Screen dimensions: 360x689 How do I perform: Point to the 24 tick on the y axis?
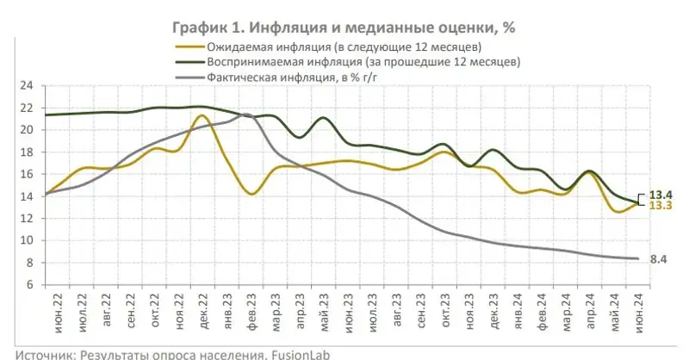(x=26, y=85)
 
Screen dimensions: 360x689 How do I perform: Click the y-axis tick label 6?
(x=28, y=285)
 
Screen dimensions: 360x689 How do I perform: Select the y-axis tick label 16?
(x=26, y=174)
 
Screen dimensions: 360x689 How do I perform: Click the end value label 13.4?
(x=660, y=195)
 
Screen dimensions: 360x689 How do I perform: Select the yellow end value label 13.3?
(x=660, y=206)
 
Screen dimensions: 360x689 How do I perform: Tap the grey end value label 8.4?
(x=658, y=259)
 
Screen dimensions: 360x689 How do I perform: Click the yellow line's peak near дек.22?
(x=202, y=115)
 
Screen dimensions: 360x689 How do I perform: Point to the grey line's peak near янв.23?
(x=245, y=114)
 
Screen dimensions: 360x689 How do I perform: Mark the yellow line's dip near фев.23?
(x=251, y=194)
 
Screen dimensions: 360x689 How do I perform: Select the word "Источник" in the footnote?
(x=42, y=354)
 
